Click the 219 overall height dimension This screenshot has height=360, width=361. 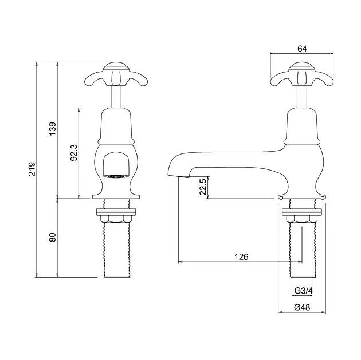click(x=32, y=169)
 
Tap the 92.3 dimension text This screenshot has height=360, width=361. click(x=74, y=152)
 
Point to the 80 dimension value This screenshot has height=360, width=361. click(x=52, y=237)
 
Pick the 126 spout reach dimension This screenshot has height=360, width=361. click(x=242, y=257)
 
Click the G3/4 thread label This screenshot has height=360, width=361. click(x=303, y=291)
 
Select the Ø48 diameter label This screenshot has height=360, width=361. click(x=302, y=308)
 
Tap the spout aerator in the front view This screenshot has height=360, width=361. click(x=116, y=176)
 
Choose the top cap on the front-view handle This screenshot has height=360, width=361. click(x=116, y=65)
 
